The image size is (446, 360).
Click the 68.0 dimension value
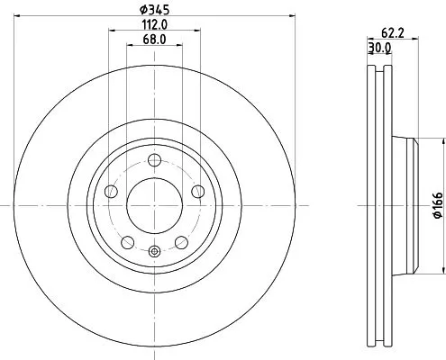click(x=154, y=40)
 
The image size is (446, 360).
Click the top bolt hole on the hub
click(x=154, y=160)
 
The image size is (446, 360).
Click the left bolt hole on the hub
click(x=111, y=191)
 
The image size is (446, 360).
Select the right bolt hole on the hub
click(x=197, y=191)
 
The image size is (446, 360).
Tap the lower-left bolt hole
click(x=127, y=241)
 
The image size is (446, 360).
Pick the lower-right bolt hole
click(x=181, y=241)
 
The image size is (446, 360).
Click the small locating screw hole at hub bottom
click(x=154, y=252)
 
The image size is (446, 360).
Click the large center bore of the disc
click(x=154, y=204)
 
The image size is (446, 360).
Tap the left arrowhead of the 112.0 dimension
click(x=111, y=31)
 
